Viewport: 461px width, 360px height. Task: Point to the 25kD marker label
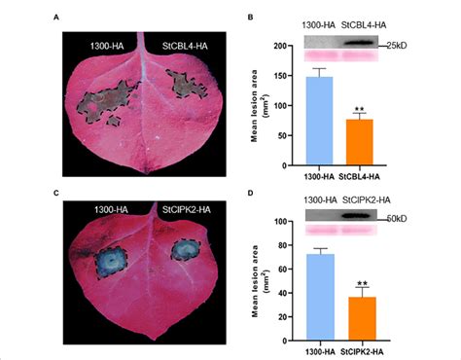pos(400,46)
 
